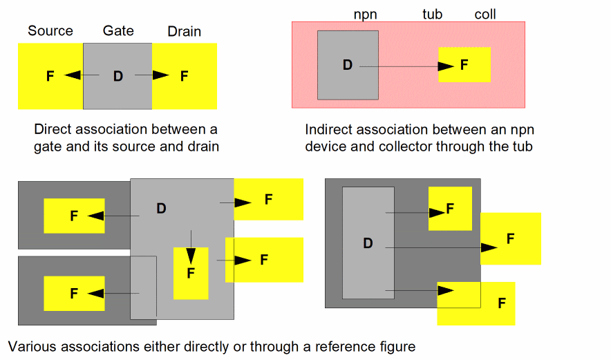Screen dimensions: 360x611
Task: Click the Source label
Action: pyautogui.click(x=50, y=31)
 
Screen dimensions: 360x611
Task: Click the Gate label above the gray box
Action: pyautogui.click(x=118, y=30)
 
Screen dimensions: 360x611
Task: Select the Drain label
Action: pyautogui.click(x=184, y=31)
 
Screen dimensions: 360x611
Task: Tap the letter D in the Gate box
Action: pyautogui.click(x=117, y=76)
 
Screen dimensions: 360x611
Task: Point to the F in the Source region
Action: pyautogui.click(x=50, y=76)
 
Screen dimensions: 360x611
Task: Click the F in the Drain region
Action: pyautogui.click(x=184, y=76)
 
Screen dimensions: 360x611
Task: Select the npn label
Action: pyautogui.click(x=365, y=15)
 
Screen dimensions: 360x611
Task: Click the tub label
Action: pyautogui.click(x=433, y=15)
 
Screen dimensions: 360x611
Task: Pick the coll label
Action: pyautogui.click(x=485, y=15)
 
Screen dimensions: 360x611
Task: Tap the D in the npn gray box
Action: pyautogui.click(x=347, y=65)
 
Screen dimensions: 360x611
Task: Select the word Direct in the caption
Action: pyautogui.click(x=53, y=129)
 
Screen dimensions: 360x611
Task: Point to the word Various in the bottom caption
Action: pyautogui.click(x=32, y=346)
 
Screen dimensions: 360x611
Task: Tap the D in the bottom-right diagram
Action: pyautogui.click(x=368, y=243)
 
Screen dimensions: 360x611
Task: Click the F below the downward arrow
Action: pyautogui.click(x=191, y=273)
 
